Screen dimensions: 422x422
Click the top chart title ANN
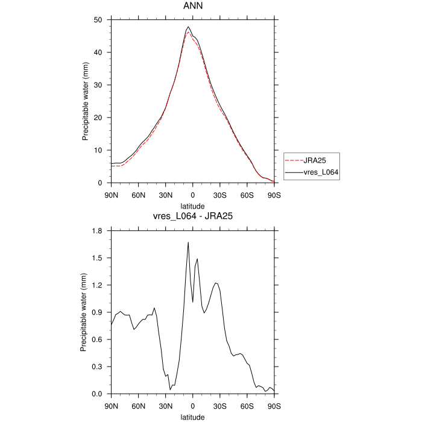pos(192,6)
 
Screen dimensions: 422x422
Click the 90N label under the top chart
pos(111,195)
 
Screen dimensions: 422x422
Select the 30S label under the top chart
pos(220,195)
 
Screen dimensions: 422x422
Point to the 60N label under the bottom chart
pos(138,406)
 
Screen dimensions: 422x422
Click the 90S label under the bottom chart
pos(274,406)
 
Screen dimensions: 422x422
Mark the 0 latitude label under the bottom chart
pos(193,406)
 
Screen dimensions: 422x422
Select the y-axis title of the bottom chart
pos(83,312)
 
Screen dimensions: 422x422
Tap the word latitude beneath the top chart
pos(192,206)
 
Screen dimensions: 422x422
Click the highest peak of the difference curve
pos(188,242)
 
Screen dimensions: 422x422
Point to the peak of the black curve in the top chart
pos(188,27)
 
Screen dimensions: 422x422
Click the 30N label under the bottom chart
pos(166,406)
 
